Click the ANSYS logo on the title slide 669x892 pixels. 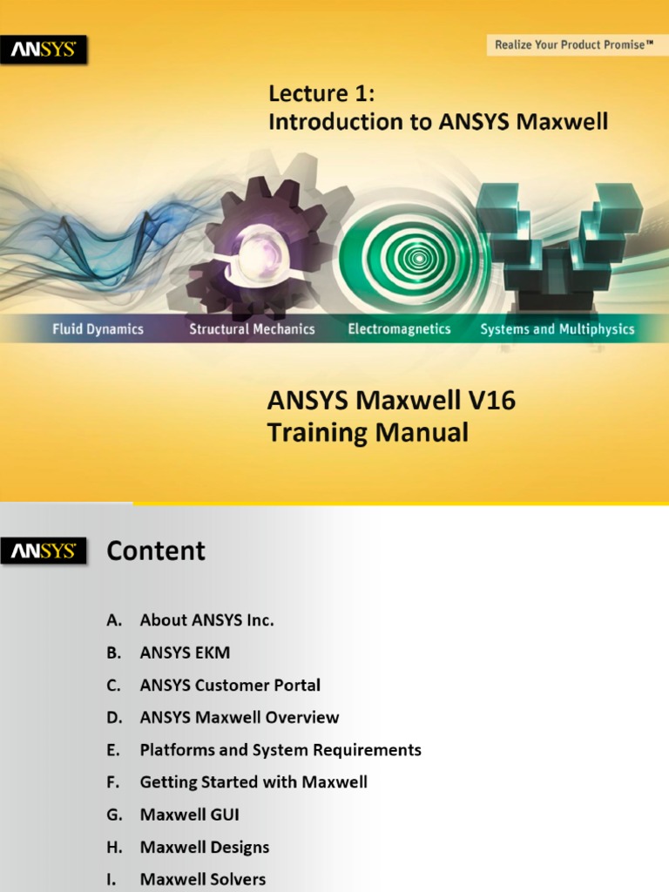44,51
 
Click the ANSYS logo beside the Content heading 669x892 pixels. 44,551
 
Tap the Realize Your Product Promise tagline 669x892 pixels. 574,44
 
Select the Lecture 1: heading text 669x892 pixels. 321,93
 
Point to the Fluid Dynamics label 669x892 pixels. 98,329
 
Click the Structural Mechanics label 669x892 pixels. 252,329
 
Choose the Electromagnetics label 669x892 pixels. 399,329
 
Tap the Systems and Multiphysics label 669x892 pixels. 557,329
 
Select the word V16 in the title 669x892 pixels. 484,401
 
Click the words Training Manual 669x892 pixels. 368,433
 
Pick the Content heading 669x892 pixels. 156,551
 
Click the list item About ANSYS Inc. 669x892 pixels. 206,620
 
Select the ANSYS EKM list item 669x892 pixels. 185,652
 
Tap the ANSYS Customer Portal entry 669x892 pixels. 230,686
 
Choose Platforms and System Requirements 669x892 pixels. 280,750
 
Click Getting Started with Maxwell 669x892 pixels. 253,782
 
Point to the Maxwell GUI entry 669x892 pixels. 189,815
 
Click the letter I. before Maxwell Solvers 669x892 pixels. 112,880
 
